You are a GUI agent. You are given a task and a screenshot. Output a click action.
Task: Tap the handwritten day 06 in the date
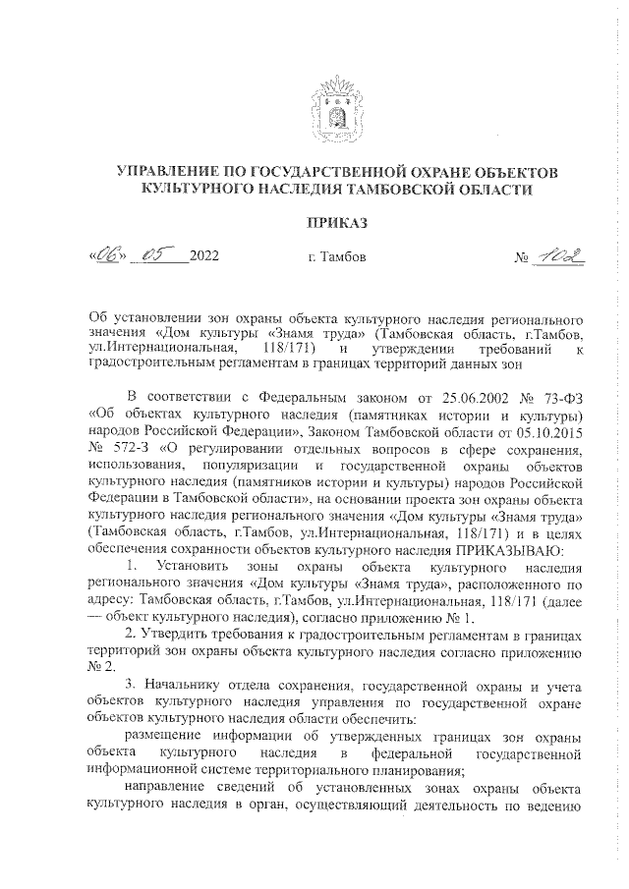[105, 256]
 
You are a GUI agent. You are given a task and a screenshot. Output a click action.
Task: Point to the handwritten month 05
[157, 255]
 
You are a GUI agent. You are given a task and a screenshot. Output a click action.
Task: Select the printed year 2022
[203, 258]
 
